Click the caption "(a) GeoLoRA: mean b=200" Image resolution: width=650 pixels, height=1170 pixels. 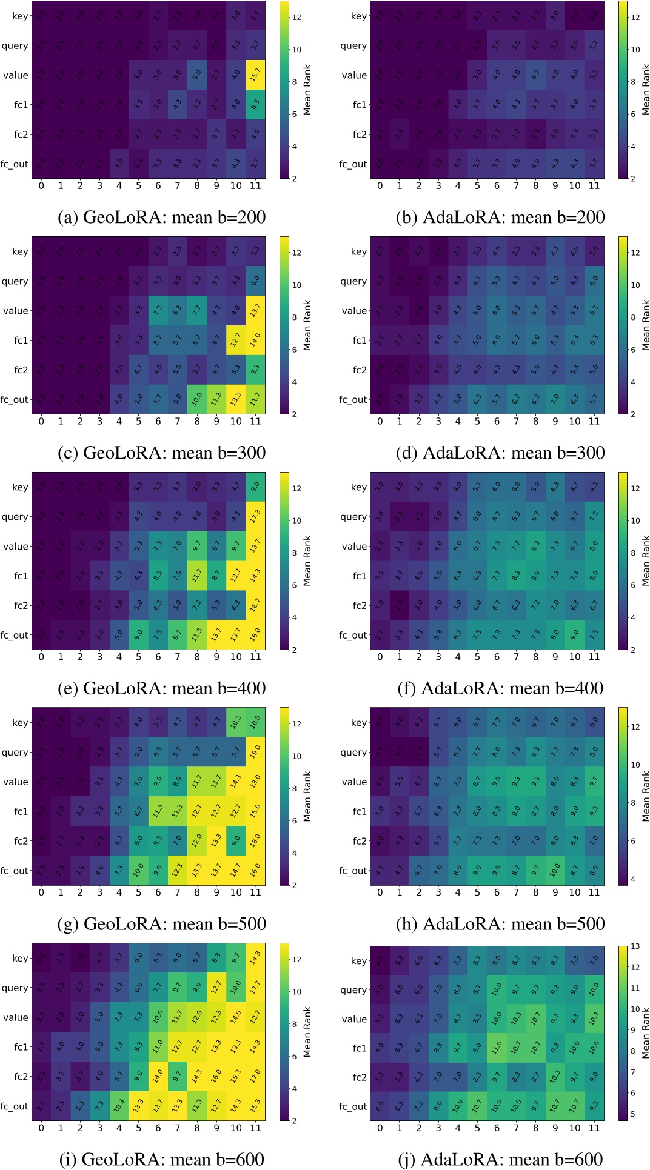pyautogui.click(x=161, y=217)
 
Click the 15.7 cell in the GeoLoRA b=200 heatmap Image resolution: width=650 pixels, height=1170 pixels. pyautogui.click(x=255, y=75)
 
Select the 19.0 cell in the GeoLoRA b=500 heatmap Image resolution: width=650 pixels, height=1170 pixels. pyautogui.click(x=255, y=752)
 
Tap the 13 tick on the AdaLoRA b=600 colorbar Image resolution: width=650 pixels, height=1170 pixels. pyautogui.click(x=635, y=946)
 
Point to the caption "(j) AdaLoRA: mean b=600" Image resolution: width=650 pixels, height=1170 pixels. pyautogui.click(x=501, y=1159)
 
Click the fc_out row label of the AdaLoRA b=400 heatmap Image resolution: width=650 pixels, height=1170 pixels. pyautogui.click(x=353, y=635)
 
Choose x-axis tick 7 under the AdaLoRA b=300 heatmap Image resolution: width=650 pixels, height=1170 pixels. pyautogui.click(x=516, y=421)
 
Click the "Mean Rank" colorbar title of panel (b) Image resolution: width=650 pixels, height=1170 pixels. pyautogui.click(x=646, y=90)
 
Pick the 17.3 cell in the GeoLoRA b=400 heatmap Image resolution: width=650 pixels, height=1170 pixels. pyautogui.click(x=255, y=517)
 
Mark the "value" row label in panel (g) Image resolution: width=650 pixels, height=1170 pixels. pyautogui.click(x=16, y=782)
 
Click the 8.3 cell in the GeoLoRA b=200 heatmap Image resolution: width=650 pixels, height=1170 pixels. pyautogui.click(x=255, y=104)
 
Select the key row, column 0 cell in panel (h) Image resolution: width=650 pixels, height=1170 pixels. pyautogui.click(x=380, y=722)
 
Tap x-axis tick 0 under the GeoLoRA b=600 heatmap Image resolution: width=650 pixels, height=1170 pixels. pyautogui.click(x=41, y=1128)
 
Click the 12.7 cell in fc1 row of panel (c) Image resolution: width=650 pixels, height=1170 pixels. pyautogui.click(x=236, y=340)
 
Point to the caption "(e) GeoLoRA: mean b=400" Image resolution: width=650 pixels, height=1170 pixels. pyautogui.click(x=161, y=688)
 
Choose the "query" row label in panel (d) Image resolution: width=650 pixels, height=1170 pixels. pyautogui.click(x=353, y=281)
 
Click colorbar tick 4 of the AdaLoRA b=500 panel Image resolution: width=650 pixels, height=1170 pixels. pyautogui.click(x=635, y=879)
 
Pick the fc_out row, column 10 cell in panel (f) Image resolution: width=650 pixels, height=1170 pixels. pyautogui.click(x=574, y=635)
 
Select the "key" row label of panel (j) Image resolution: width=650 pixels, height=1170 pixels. pyautogui.click(x=359, y=960)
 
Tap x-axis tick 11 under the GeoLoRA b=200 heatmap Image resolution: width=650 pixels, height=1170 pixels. pyautogui.click(x=255, y=185)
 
